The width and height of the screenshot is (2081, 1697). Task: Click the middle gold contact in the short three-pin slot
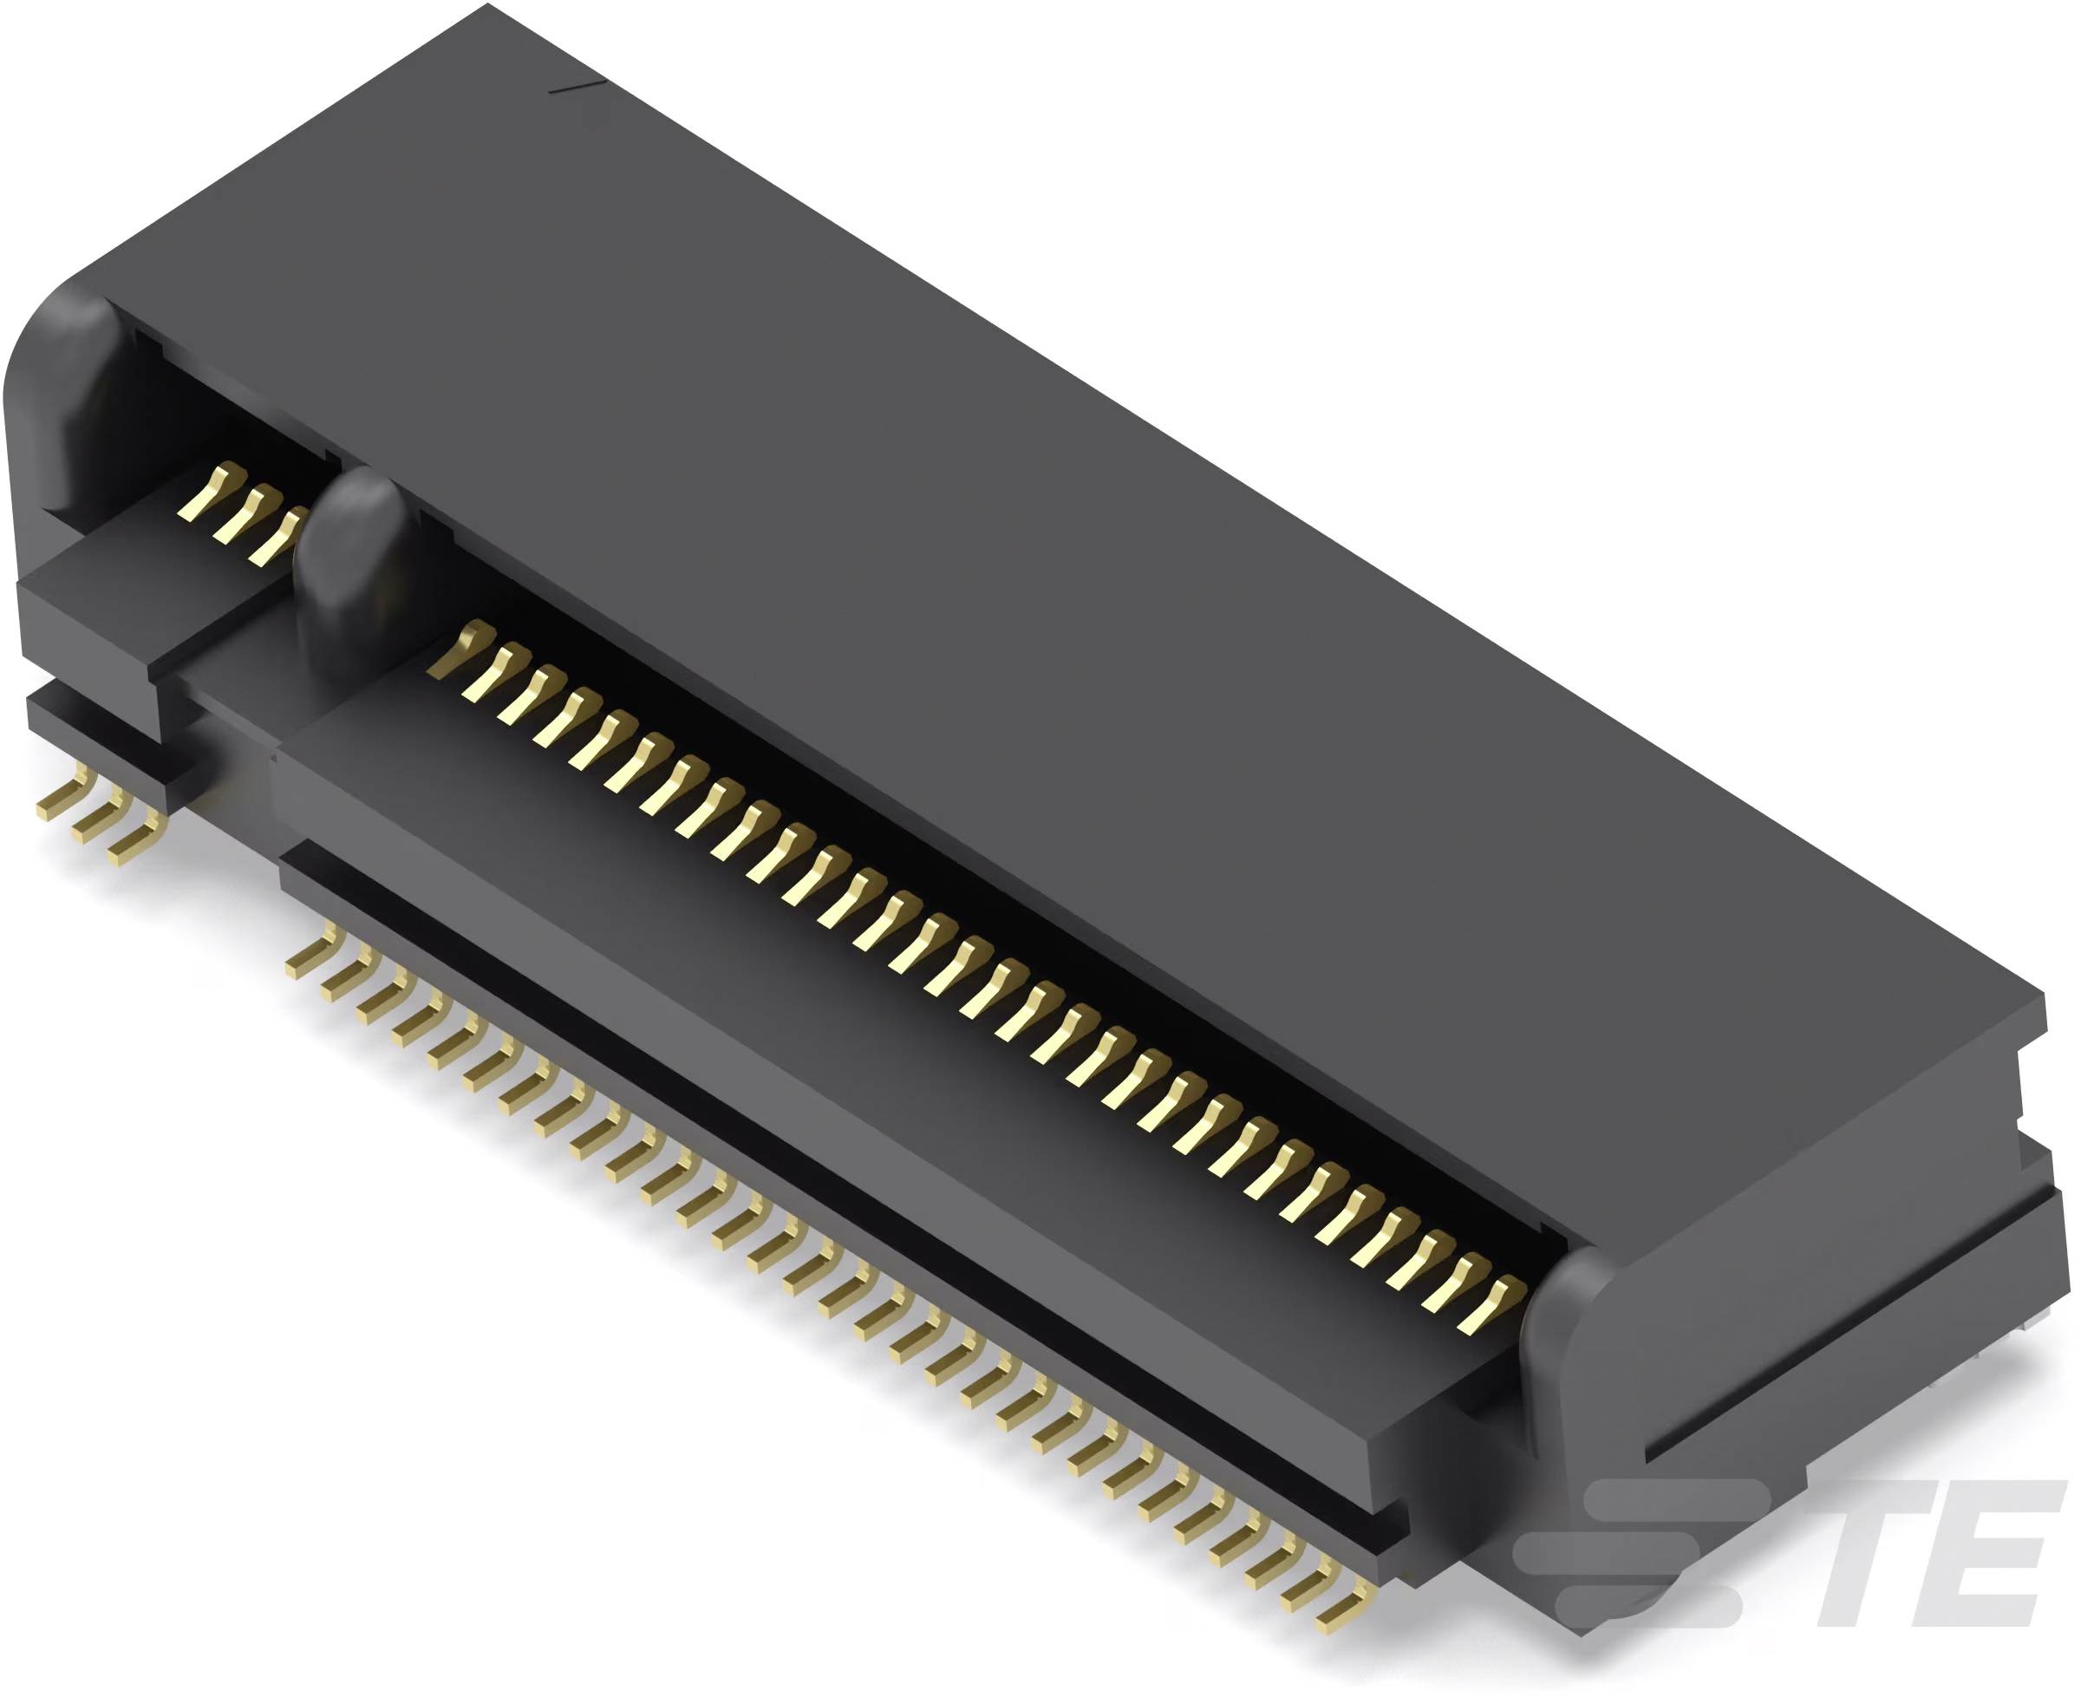coord(244,513)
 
